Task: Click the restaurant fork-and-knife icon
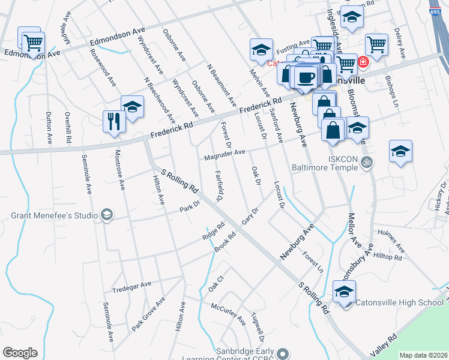(x=113, y=122)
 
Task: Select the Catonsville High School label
(x=399, y=302)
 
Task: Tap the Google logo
(x=20, y=353)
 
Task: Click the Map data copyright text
(x=423, y=355)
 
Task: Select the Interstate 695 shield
(x=436, y=13)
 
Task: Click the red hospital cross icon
(x=363, y=62)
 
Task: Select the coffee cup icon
(x=306, y=77)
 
